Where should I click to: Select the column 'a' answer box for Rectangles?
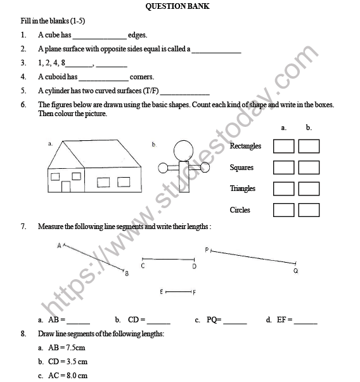tap(284, 147)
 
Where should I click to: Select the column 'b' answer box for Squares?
tap(309, 168)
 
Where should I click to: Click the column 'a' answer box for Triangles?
tap(284, 188)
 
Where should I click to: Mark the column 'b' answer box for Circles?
tap(309, 210)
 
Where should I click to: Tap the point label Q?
tap(295, 271)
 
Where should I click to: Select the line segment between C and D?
tap(168, 259)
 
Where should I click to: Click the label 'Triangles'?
tap(243, 188)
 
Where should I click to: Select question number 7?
tap(23, 226)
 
